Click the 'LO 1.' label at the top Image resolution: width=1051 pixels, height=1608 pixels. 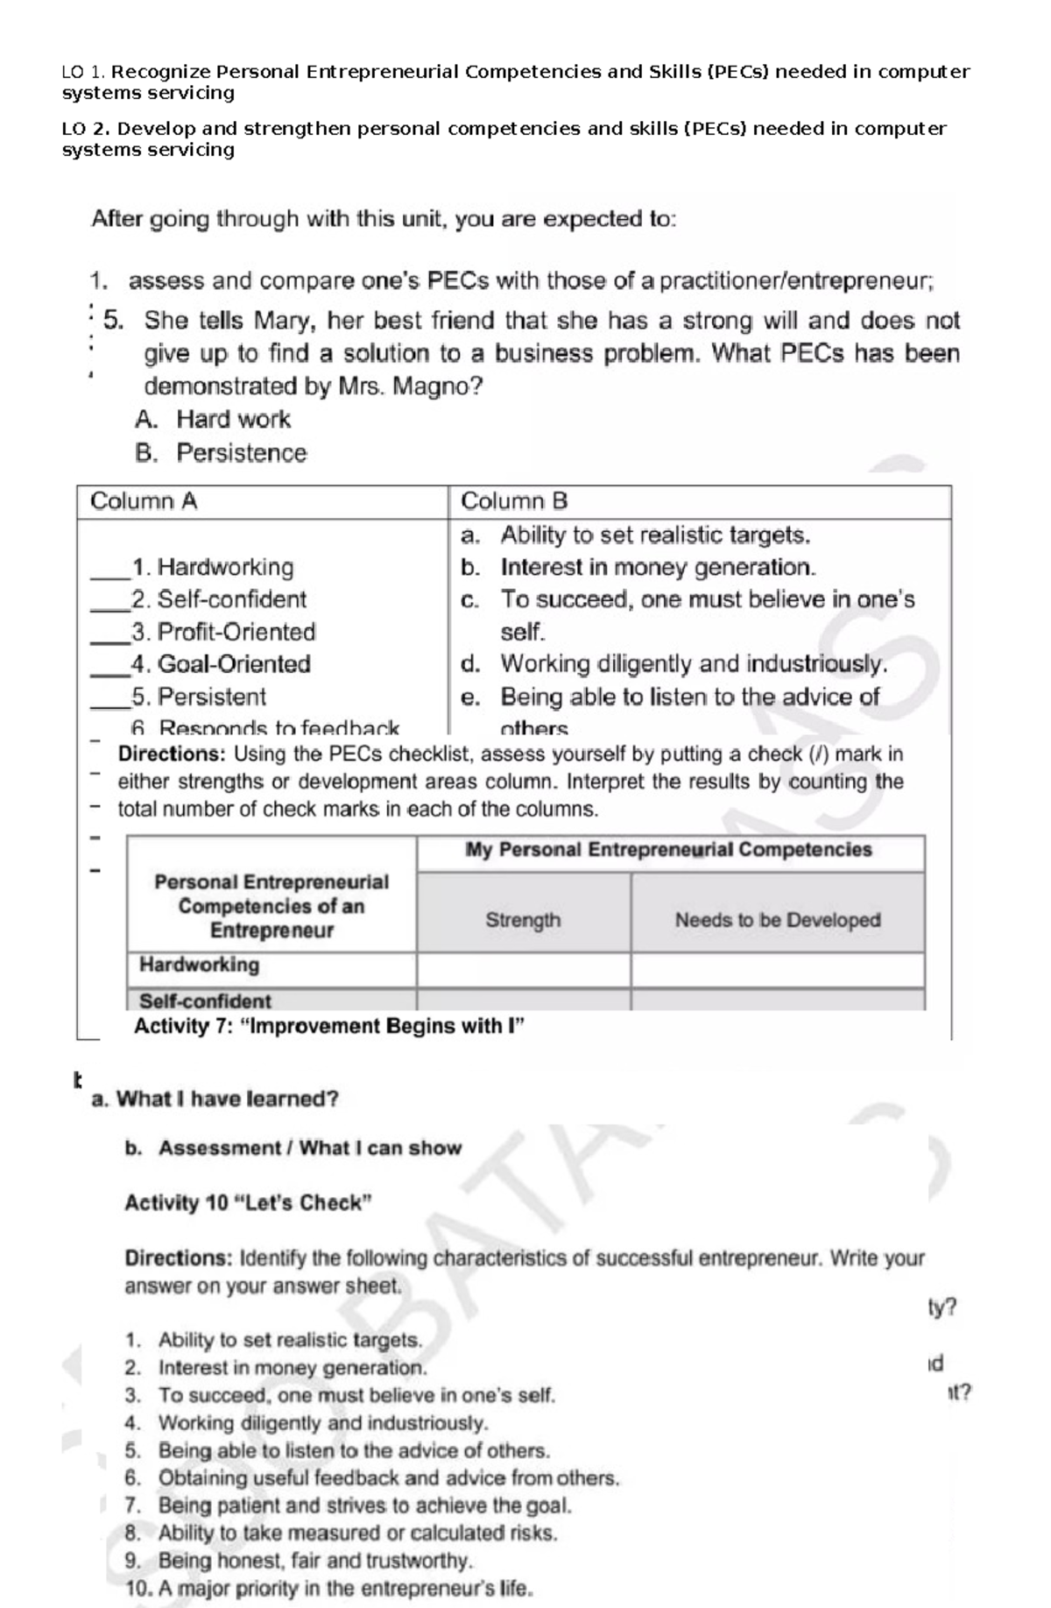83,72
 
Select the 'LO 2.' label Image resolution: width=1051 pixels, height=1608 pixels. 85,129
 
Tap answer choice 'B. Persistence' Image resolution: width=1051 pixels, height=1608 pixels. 221,453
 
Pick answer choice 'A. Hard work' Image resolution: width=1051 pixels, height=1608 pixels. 213,420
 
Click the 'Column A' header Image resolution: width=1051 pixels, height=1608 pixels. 144,501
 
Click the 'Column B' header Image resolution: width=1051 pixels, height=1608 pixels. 514,501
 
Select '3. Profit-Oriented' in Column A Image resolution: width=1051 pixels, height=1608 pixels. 222,632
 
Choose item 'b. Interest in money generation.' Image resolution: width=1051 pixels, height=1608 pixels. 639,568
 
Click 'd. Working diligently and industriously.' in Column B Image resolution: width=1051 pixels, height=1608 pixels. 674,664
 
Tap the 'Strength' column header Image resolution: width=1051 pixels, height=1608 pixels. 523,920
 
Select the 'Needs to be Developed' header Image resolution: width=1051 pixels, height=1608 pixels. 777,920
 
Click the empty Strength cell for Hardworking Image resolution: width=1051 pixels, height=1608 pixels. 523,970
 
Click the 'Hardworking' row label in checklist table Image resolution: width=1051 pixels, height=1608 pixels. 200,965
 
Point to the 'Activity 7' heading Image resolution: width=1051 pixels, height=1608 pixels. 328,1026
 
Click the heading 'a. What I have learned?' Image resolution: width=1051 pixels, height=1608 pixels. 215,1099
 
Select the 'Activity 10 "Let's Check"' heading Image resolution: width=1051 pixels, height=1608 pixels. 248,1202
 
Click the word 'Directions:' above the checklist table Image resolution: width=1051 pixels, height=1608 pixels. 172,754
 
